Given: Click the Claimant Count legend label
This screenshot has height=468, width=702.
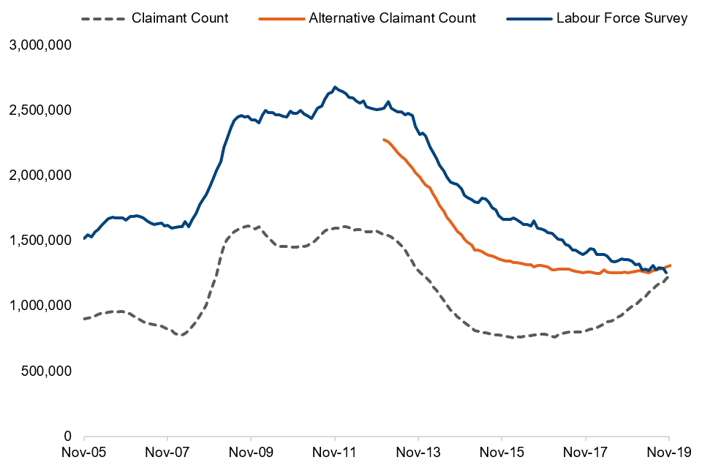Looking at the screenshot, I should (180, 18).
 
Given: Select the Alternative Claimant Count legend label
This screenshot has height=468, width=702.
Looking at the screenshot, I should (393, 18).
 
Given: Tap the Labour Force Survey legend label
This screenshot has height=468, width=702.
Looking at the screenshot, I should (622, 18).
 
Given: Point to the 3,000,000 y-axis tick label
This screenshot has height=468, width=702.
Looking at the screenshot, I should (40, 45).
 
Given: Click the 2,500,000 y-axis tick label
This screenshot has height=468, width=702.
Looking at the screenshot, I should (40, 110).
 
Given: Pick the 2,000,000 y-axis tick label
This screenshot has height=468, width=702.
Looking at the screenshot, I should (40, 175).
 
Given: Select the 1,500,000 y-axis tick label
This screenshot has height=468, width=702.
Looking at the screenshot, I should (40, 241).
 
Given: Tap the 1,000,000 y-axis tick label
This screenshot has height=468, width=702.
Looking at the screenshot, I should (40, 306).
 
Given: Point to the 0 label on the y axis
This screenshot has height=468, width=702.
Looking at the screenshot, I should (67, 436).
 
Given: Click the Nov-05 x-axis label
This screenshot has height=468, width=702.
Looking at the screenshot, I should (84, 453).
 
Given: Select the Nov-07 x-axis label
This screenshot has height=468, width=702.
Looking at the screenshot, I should (167, 453).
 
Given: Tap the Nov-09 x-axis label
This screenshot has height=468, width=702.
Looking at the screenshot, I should (251, 453).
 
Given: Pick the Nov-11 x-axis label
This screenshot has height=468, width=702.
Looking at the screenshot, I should (334, 453).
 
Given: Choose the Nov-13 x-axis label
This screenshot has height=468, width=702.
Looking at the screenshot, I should (418, 453).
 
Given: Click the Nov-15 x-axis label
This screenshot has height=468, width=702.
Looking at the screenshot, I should (502, 453).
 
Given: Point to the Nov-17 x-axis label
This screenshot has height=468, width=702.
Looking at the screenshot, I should (585, 453).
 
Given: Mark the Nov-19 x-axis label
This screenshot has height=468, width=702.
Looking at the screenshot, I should (668, 453).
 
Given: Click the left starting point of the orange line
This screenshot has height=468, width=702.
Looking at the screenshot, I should (383, 139).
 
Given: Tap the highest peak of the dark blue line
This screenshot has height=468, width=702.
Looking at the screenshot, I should (335, 87).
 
